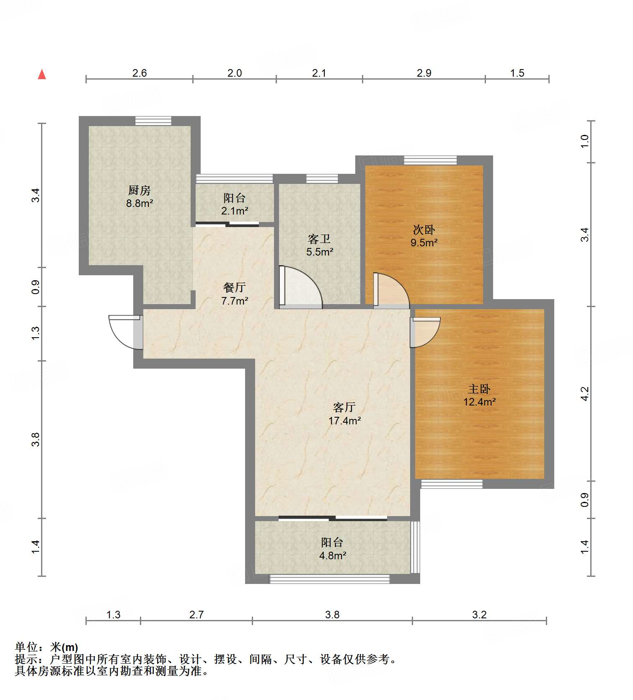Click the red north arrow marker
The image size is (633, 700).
click(x=42, y=75)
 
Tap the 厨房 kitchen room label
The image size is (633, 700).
click(x=139, y=190)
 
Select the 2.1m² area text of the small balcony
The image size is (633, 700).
click(x=234, y=211)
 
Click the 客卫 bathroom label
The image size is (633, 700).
click(x=319, y=239)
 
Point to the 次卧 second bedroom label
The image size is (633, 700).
click(x=424, y=230)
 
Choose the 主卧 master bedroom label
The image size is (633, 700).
click(x=479, y=389)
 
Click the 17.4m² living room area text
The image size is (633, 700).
click(x=344, y=421)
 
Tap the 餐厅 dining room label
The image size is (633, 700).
click(x=234, y=287)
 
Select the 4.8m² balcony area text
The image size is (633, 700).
click(x=332, y=555)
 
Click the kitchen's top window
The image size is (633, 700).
click(x=153, y=121)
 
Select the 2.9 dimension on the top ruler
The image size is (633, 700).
click(x=424, y=73)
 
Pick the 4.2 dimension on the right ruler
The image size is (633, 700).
click(x=585, y=394)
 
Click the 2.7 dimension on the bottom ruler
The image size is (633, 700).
click(x=196, y=615)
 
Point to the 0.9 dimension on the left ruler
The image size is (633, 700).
click(x=36, y=287)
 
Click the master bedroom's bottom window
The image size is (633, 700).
click(x=451, y=484)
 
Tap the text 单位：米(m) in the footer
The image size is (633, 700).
click(x=47, y=647)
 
